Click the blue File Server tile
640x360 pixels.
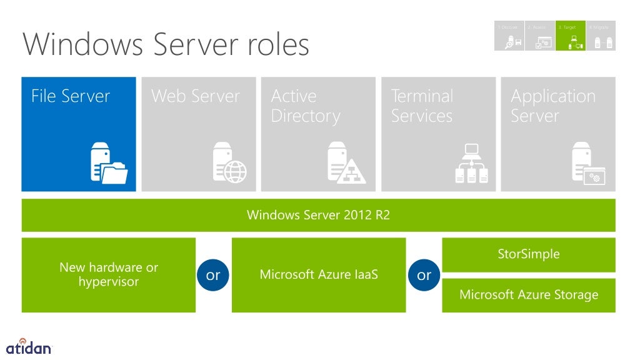click(x=79, y=134)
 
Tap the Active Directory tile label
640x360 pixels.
click(x=306, y=106)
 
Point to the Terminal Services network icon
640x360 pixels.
click(x=471, y=164)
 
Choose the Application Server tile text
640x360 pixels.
click(x=552, y=106)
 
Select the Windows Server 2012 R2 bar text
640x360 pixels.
click(x=318, y=216)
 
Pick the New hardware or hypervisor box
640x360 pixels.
click(x=109, y=274)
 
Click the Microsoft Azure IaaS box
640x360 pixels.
click(x=318, y=274)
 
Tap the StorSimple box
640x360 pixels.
click(x=528, y=254)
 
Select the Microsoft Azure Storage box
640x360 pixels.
click(x=528, y=295)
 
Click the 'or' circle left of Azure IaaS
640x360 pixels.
click(x=213, y=275)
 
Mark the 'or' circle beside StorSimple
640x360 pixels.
click(x=424, y=275)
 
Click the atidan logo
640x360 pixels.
click(x=28, y=346)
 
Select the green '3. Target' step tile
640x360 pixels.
click(x=570, y=36)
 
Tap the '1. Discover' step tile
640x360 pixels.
click(x=509, y=36)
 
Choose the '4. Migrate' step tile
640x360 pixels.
click(x=601, y=36)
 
